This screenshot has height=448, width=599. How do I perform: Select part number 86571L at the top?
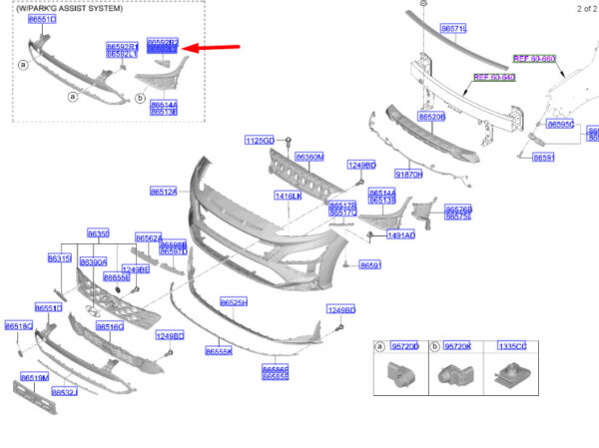click(x=454, y=29)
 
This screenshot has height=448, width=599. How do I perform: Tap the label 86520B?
click(x=432, y=117)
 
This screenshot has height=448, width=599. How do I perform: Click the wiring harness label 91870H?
click(x=408, y=174)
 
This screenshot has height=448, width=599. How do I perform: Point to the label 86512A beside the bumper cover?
click(x=164, y=192)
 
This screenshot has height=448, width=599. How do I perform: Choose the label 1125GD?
click(x=260, y=141)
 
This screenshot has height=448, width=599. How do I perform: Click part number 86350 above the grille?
click(x=99, y=233)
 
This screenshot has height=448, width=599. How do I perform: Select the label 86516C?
click(x=109, y=326)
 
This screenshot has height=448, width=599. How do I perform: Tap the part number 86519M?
click(x=35, y=378)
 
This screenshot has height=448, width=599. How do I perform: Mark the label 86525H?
click(x=234, y=301)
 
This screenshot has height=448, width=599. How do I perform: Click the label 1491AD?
click(x=401, y=235)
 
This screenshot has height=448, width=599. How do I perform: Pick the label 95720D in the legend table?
click(x=404, y=346)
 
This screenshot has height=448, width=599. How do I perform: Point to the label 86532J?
click(x=65, y=392)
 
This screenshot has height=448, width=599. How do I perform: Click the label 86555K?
click(x=220, y=351)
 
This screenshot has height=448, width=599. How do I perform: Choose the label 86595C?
click(x=560, y=125)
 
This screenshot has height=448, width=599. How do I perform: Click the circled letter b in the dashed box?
click(x=139, y=98)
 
